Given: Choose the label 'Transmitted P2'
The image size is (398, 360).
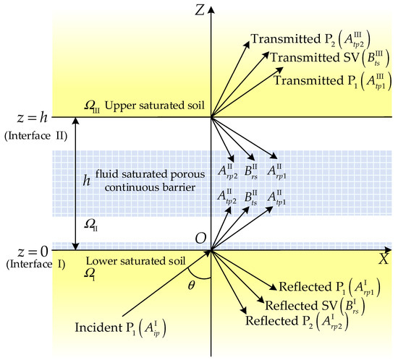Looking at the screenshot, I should tap(284, 37).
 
